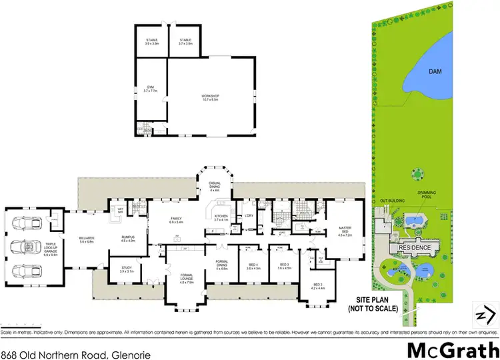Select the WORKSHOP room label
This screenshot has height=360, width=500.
click(x=211, y=98)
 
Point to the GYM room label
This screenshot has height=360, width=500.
click(x=150, y=89)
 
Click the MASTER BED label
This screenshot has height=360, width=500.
click(x=345, y=229)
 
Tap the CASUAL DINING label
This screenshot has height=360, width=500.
click(x=214, y=189)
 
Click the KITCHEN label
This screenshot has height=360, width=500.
click(x=221, y=217)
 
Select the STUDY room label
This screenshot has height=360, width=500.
click(x=127, y=270)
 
